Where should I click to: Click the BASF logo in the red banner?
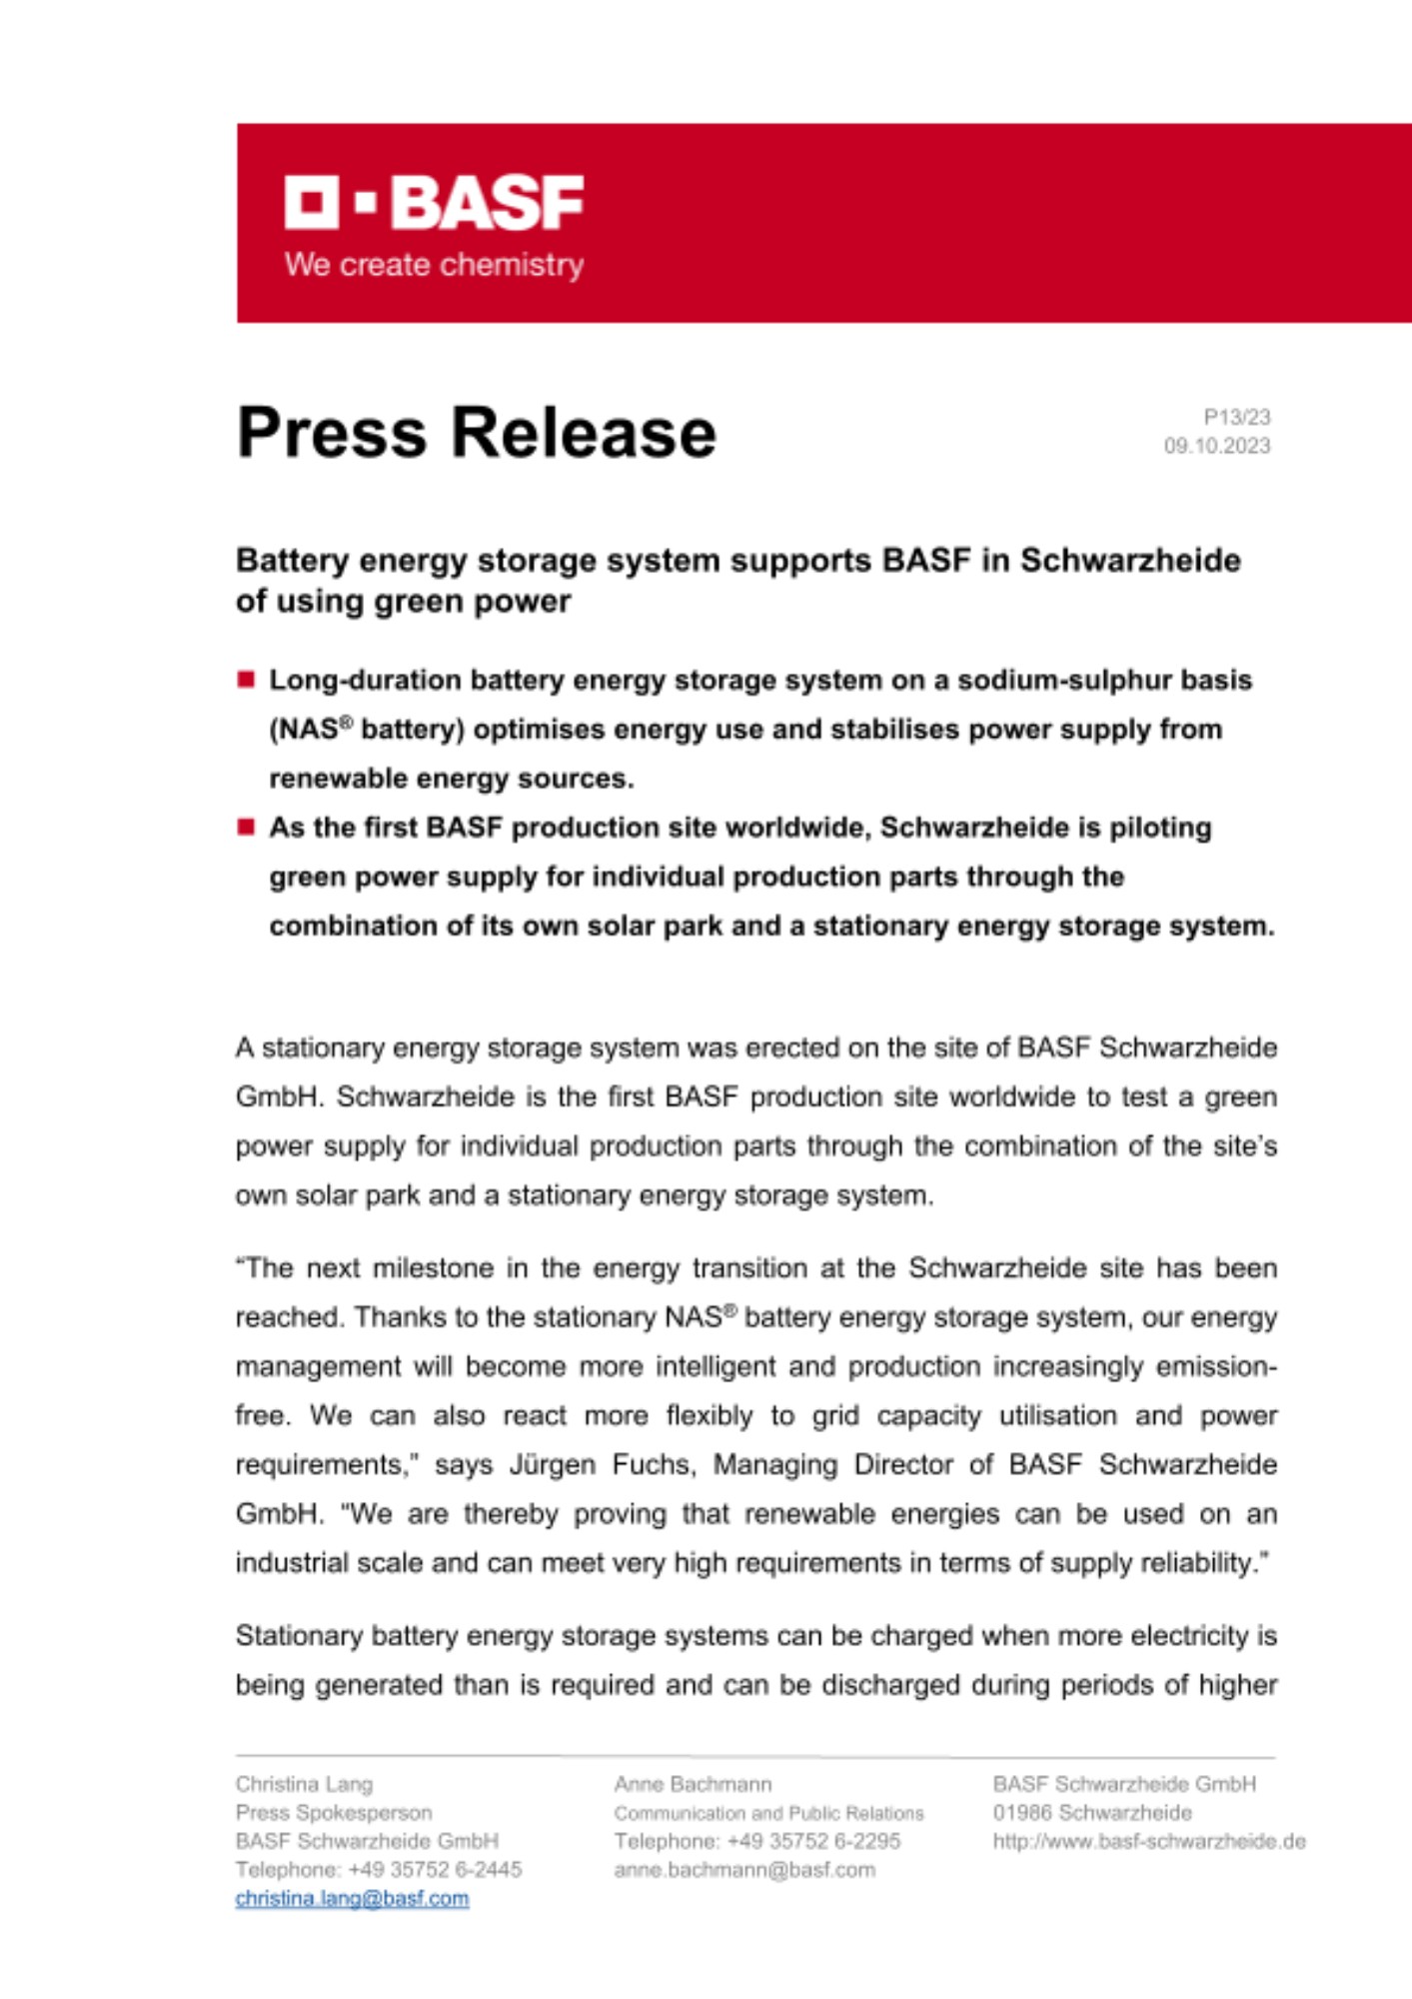tap(434, 203)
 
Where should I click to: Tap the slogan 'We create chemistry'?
tap(434, 265)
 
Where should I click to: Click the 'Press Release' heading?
tap(476, 433)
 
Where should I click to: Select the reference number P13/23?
tap(1236, 417)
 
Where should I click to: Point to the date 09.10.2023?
tap(1216, 446)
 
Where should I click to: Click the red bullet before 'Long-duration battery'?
tap(246, 681)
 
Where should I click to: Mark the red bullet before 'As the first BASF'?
tap(246, 828)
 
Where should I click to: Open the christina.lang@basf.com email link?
tap(352, 1898)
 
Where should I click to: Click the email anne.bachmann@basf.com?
tap(744, 1869)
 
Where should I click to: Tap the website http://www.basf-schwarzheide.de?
tap(1148, 1841)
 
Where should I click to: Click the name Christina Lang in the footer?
tap(304, 1784)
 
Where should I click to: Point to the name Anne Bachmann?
tap(693, 1784)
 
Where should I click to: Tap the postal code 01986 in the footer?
tap(1021, 1813)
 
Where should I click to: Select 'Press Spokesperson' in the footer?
tap(334, 1813)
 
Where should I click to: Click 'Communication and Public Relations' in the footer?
tap(768, 1813)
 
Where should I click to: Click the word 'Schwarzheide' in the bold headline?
tap(1130, 561)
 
